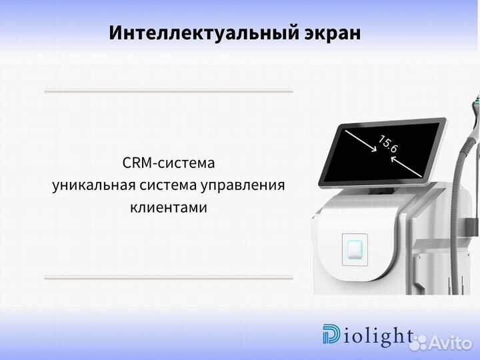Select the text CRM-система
169,163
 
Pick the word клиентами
169,208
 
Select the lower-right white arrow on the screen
405,167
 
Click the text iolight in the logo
377,336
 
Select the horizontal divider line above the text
169,91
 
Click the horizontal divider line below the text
169,277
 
